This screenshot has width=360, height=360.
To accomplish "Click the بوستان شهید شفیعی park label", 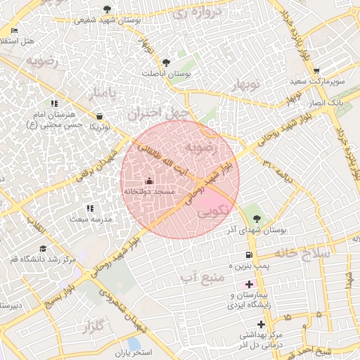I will point(108,20).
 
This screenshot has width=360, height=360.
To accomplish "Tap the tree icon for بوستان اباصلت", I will point(167,63).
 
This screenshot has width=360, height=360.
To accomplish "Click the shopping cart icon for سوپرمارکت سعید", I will point(316,71).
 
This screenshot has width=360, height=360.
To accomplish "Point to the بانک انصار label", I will point(328,103).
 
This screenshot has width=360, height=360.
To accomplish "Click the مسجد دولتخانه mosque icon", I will point(149,181).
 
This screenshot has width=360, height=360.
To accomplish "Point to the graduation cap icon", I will point(43,249).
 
